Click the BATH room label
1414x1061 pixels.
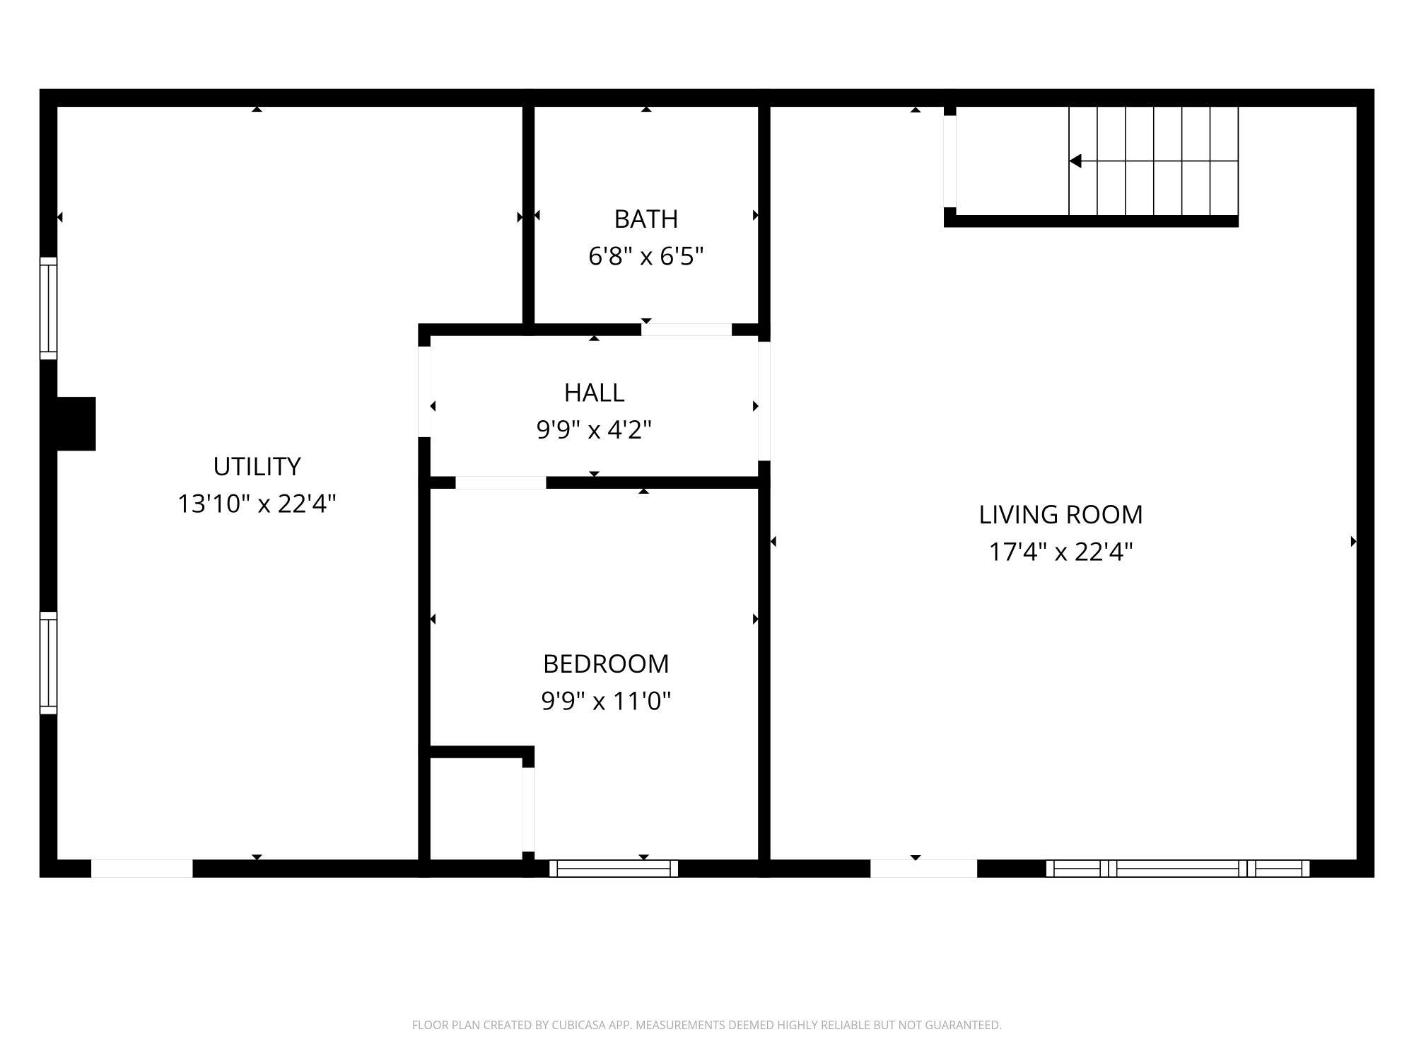tap(645, 219)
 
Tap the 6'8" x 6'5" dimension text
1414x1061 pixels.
tap(645, 256)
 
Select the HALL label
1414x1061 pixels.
tap(594, 393)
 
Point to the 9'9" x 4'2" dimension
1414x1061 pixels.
tap(594, 429)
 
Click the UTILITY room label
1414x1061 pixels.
tap(257, 467)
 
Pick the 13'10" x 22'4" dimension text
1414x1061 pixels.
tap(257, 504)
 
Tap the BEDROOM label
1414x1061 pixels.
tap(606, 664)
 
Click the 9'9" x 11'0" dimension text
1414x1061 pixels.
tap(606, 701)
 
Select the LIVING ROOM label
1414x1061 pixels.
tap(1060, 515)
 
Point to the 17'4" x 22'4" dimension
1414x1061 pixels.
tap(1060, 552)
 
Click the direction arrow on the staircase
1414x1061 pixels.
tap(1076, 161)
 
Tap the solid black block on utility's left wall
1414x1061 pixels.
tap(75, 424)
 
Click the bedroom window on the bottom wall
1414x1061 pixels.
tap(613, 868)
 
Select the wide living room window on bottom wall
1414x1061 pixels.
tap(1177, 868)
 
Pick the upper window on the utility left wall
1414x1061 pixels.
tap(48, 308)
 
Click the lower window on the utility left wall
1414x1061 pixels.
tap(48, 663)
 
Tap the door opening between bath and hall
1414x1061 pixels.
tap(686, 330)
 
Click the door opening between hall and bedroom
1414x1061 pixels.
tap(501, 483)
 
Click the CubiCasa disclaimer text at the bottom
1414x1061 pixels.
tap(706, 1025)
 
